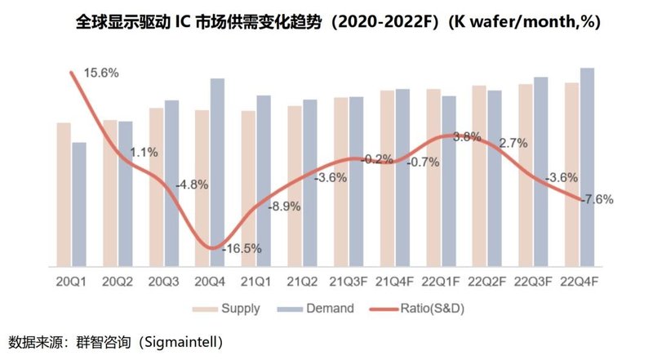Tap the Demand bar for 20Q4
pyautogui.click(x=218, y=171)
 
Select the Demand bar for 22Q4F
pyautogui.click(x=587, y=167)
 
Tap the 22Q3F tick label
pyautogui.click(x=533, y=282)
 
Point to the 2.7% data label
pyautogui.click(x=513, y=143)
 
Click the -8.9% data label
pyautogui.click(x=283, y=207)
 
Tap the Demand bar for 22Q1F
pyautogui.click(x=449, y=180)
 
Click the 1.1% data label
pyautogui.click(x=144, y=152)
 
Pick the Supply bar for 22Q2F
pyautogui.click(x=479, y=175)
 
